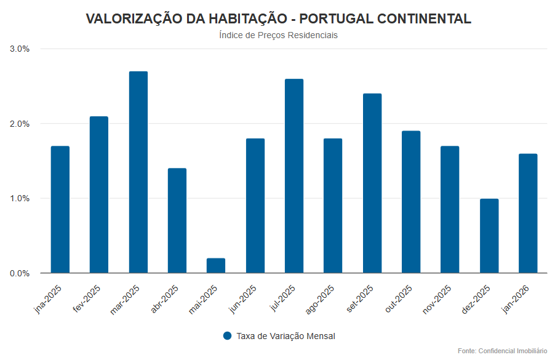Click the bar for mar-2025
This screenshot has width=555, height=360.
point(138,172)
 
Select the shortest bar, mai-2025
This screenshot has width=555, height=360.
point(216,266)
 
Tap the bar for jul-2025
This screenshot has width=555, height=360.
point(294,176)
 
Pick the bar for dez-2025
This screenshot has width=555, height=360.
point(489,236)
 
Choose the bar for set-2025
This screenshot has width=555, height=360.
point(372,183)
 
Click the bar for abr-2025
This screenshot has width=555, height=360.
point(177,220)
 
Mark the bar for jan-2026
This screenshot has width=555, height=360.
point(528,213)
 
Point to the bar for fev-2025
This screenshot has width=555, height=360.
point(99,194)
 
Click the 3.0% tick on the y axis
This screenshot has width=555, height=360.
point(20,49)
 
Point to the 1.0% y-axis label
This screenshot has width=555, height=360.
point(20,198)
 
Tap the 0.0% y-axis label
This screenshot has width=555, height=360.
point(20,273)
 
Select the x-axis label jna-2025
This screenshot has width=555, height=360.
point(48,300)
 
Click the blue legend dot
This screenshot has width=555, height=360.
point(227,336)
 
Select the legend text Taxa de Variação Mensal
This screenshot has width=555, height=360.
point(285,336)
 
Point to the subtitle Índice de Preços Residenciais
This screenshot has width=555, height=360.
point(278,35)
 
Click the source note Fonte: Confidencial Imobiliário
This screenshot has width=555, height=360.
point(502,350)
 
